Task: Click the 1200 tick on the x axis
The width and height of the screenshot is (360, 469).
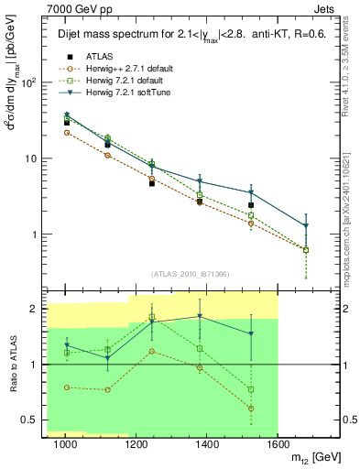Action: (x=136, y=444)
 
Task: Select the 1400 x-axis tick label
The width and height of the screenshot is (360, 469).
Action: (x=208, y=444)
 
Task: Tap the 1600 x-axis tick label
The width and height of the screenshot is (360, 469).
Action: (x=278, y=444)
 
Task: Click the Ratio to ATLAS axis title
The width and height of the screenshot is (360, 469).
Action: (x=12, y=365)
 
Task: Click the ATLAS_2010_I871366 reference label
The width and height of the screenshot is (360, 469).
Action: (x=191, y=274)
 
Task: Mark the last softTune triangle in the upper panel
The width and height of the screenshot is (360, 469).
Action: (x=306, y=225)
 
